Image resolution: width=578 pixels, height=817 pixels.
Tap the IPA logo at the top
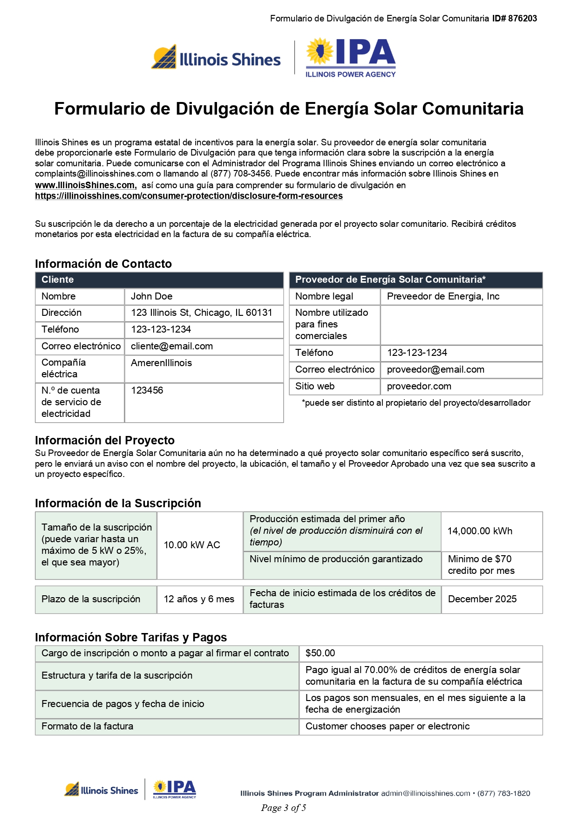point(350,57)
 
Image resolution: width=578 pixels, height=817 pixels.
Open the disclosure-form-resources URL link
point(189,196)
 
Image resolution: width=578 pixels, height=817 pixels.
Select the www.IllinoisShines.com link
point(85,185)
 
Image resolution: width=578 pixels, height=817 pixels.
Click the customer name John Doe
point(152,296)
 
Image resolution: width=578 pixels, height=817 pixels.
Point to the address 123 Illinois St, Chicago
point(201,313)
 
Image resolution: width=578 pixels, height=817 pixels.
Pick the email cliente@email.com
point(172,346)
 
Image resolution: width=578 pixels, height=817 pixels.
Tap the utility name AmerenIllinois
point(161,363)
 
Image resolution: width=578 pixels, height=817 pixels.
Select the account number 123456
point(147,390)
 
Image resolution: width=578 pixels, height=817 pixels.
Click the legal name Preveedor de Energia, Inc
point(443,296)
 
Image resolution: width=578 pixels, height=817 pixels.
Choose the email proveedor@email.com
point(435,369)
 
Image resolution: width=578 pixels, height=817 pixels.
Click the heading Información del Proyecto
point(105,440)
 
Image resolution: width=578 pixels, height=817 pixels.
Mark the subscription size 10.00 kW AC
point(192,545)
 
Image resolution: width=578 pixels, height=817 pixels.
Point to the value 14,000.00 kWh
point(480,531)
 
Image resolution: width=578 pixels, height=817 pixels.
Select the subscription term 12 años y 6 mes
point(199,599)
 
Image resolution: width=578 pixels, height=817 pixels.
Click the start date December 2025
point(482,599)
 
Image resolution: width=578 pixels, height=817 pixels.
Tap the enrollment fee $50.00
point(320,653)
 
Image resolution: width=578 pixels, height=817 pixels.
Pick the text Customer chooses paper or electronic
point(388,726)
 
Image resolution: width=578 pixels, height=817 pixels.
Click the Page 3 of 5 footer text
point(284,808)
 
